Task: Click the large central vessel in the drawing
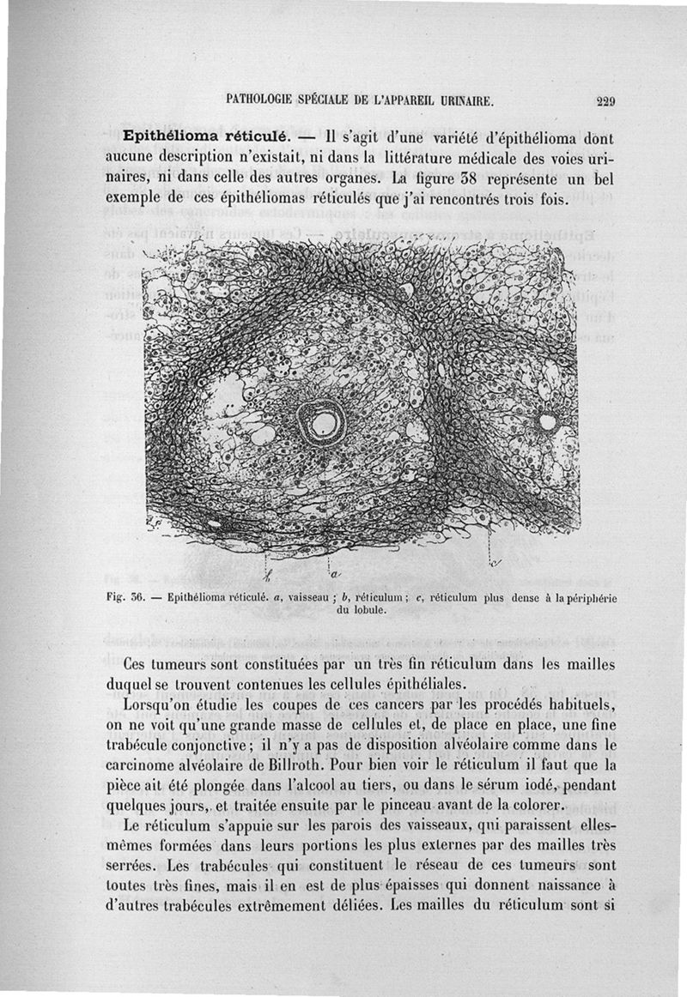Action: click(323, 420)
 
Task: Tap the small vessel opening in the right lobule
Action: click(547, 421)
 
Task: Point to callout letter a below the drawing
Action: click(334, 571)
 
